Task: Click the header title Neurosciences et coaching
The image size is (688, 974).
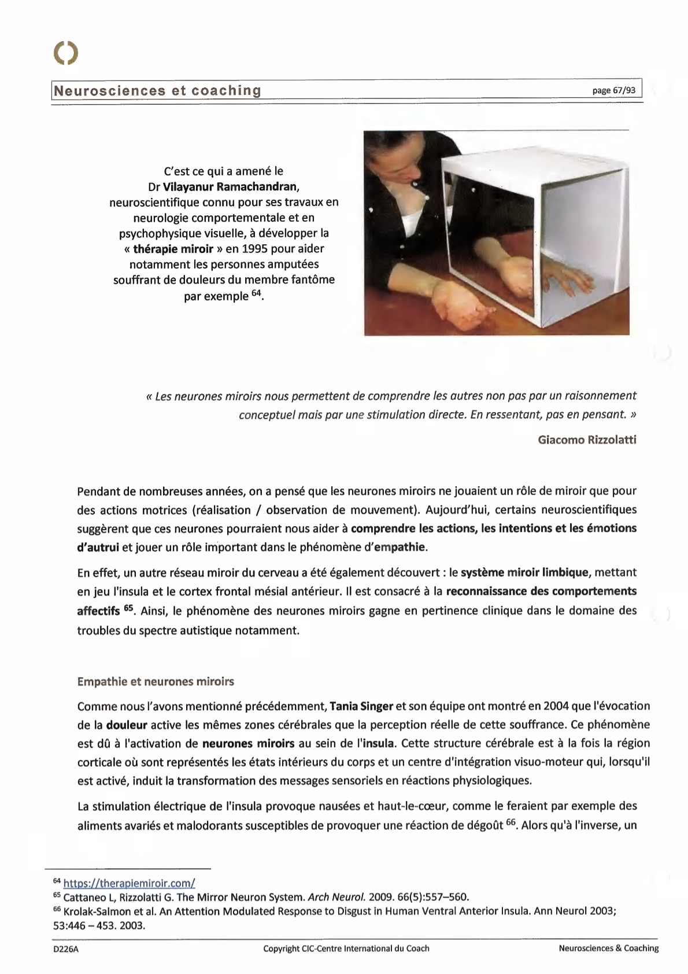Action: coord(157,91)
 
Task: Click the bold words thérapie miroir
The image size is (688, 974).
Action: coord(173,249)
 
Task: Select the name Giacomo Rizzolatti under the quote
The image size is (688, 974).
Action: coord(587,440)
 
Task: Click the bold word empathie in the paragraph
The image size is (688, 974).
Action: coord(400,547)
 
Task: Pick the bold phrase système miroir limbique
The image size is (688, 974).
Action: coord(524,573)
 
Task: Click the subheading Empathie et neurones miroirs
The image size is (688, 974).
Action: coord(156,682)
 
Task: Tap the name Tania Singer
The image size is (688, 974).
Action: coord(361,706)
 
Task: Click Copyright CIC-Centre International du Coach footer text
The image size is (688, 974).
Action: coord(346,949)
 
